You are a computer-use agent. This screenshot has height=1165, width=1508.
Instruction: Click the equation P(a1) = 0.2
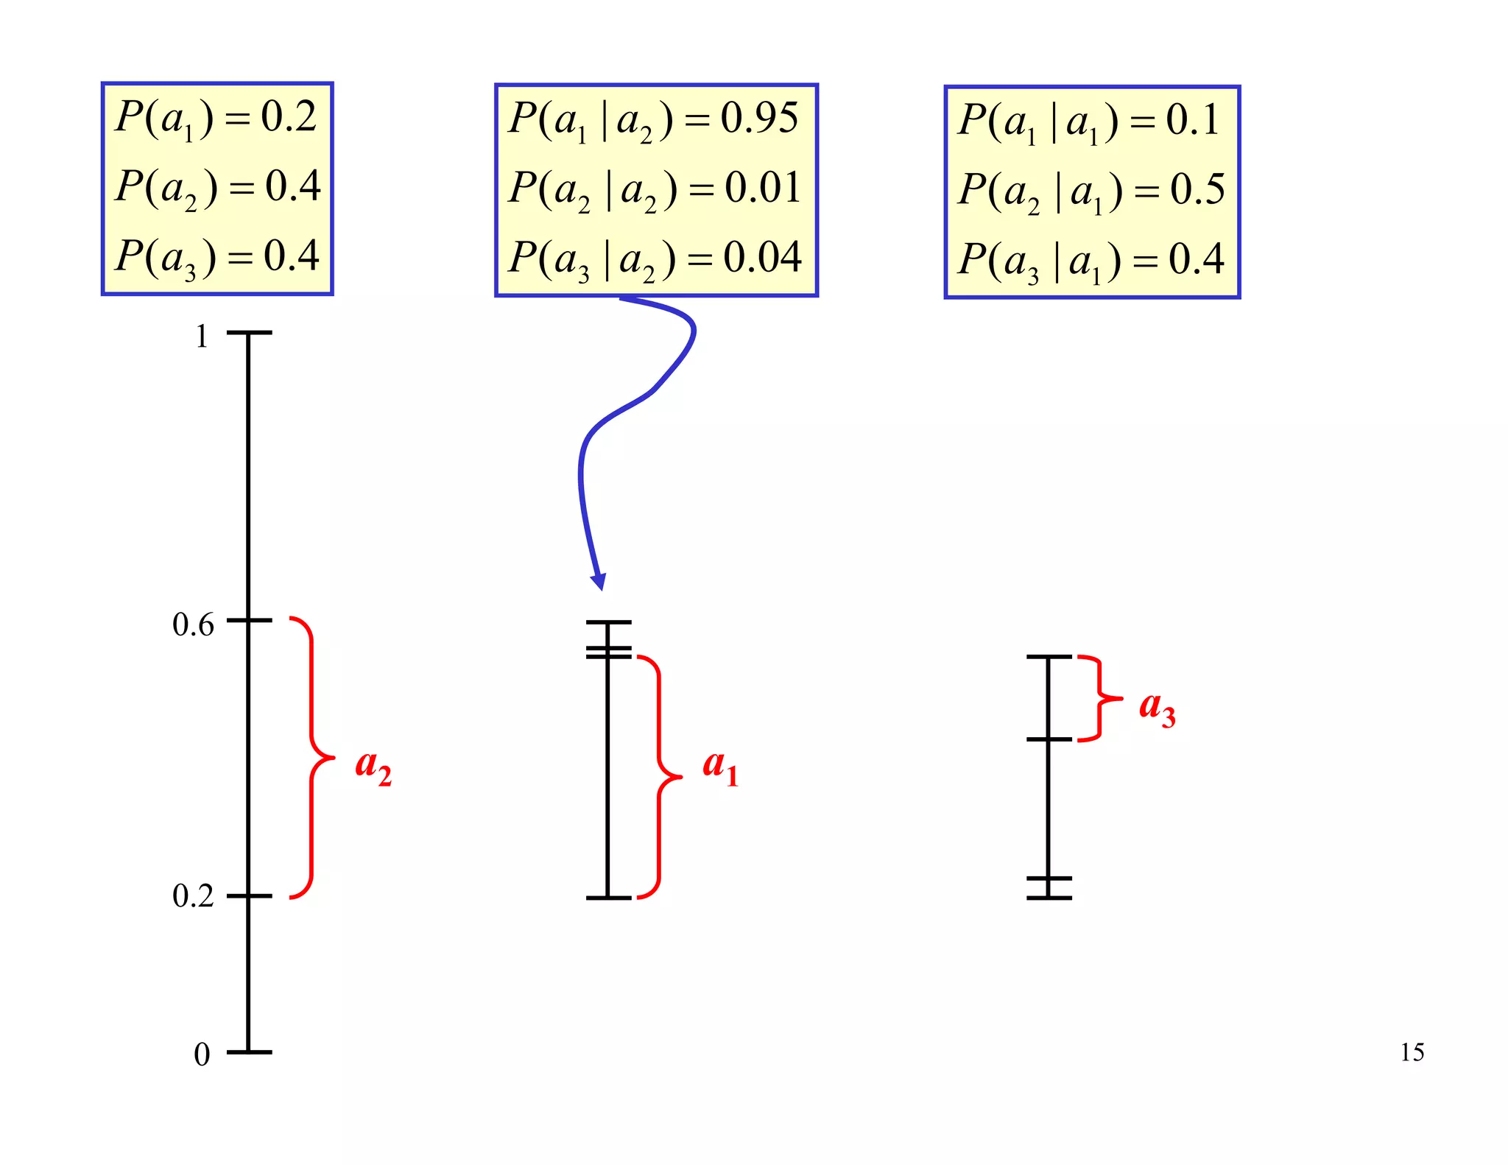tap(216, 118)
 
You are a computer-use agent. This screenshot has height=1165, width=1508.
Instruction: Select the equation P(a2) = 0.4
tap(218, 187)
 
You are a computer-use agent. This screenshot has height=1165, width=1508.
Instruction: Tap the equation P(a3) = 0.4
tap(217, 257)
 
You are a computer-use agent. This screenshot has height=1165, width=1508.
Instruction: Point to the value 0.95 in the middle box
tap(758, 118)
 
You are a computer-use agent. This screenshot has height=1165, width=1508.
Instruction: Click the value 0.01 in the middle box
tap(762, 188)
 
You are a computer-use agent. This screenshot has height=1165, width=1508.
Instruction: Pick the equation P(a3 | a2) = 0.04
tap(655, 258)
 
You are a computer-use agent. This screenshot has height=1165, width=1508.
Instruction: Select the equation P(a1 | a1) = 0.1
tap(1089, 121)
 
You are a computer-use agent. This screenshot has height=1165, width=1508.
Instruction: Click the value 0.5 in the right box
tap(1197, 190)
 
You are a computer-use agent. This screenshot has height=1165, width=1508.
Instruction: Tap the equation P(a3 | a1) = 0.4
tap(1091, 261)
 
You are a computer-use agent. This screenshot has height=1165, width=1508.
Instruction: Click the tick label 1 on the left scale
tap(201, 337)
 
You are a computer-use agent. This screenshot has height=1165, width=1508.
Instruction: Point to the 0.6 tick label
tap(193, 624)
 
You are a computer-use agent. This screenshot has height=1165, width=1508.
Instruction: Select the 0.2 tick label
tap(193, 896)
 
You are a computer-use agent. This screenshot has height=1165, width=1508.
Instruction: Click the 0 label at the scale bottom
tap(202, 1055)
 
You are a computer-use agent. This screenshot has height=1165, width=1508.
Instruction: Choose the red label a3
tap(1156, 708)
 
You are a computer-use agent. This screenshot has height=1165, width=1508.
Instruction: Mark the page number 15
tap(1412, 1052)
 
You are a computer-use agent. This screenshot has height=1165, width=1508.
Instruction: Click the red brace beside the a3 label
tap(1100, 697)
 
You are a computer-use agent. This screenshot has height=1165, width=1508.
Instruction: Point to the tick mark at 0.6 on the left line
tap(249, 621)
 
